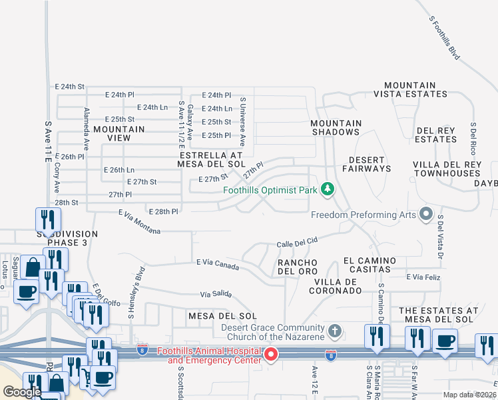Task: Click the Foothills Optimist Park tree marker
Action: click(327, 190)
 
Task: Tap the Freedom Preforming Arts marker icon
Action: click(425, 215)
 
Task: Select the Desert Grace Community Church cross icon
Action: click(335, 330)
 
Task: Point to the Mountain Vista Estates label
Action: click(419, 90)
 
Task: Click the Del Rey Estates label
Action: click(436, 135)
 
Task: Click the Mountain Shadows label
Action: click(336, 127)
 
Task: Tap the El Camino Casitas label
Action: click(370, 265)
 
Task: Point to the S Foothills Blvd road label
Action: click(444, 39)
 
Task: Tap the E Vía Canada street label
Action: click(218, 263)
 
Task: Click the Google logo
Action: click(23, 392)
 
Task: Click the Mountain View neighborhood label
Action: click(119, 133)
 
